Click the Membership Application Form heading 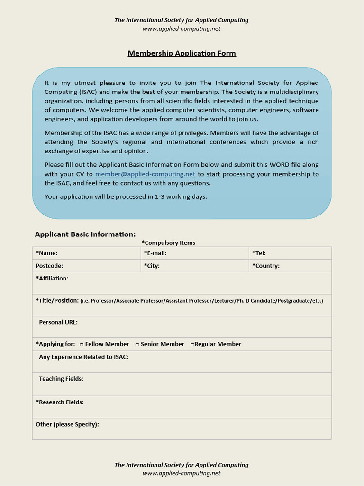click(182, 53)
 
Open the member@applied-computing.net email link click(145, 174)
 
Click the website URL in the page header click(182, 28)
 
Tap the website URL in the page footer click(182, 473)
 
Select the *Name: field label click(46, 253)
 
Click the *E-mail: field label click(155, 253)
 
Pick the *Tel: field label click(259, 253)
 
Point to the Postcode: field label click(49, 266)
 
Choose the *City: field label click(152, 266)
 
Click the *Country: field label click(266, 266)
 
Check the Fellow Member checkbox click(82, 345)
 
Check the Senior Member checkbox click(137, 345)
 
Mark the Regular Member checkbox click(192, 345)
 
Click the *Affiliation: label click(52, 279)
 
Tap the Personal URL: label click(58, 322)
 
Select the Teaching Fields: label click(61, 379)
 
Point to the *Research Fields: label click(60, 402)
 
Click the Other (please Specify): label click(67, 424)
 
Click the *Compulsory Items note click(168, 243)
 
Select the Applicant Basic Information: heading click(85, 234)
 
